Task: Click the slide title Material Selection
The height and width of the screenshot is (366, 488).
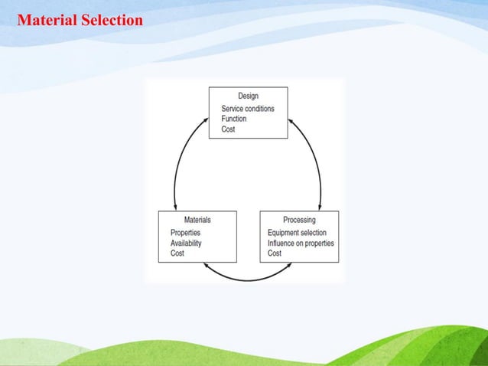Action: pyautogui.click(x=80, y=20)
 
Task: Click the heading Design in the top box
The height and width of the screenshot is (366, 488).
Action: pyautogui.click(x=248, y=96)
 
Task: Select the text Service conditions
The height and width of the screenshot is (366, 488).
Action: pyautogui.click(x=247, y=109)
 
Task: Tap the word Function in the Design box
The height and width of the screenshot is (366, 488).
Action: pyautogui.click(x=235, y=119)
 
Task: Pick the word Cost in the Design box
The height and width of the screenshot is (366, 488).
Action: pyautogui.click(x=228, y=129)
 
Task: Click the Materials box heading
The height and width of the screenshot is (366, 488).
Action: pyautogui.click(x=197, y=220)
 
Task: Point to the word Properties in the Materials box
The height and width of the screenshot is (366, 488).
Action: pyautogui.click(x=185, y=233)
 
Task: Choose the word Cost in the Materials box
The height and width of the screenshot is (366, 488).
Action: pyautogui.click(x=177, y=253)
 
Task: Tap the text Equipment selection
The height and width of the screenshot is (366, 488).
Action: pyautogui.click(x=297, y=233)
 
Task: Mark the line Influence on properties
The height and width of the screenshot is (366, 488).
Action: pyautogui.click(x=301, y=243)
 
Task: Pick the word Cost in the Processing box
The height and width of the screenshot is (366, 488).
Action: pyautogui.click(x=275, y=253)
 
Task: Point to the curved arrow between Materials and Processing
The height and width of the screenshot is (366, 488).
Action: pyautogui.click(x=248, y=278)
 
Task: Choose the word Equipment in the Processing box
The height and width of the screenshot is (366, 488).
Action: pyautogui.click(x=284, y=233)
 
